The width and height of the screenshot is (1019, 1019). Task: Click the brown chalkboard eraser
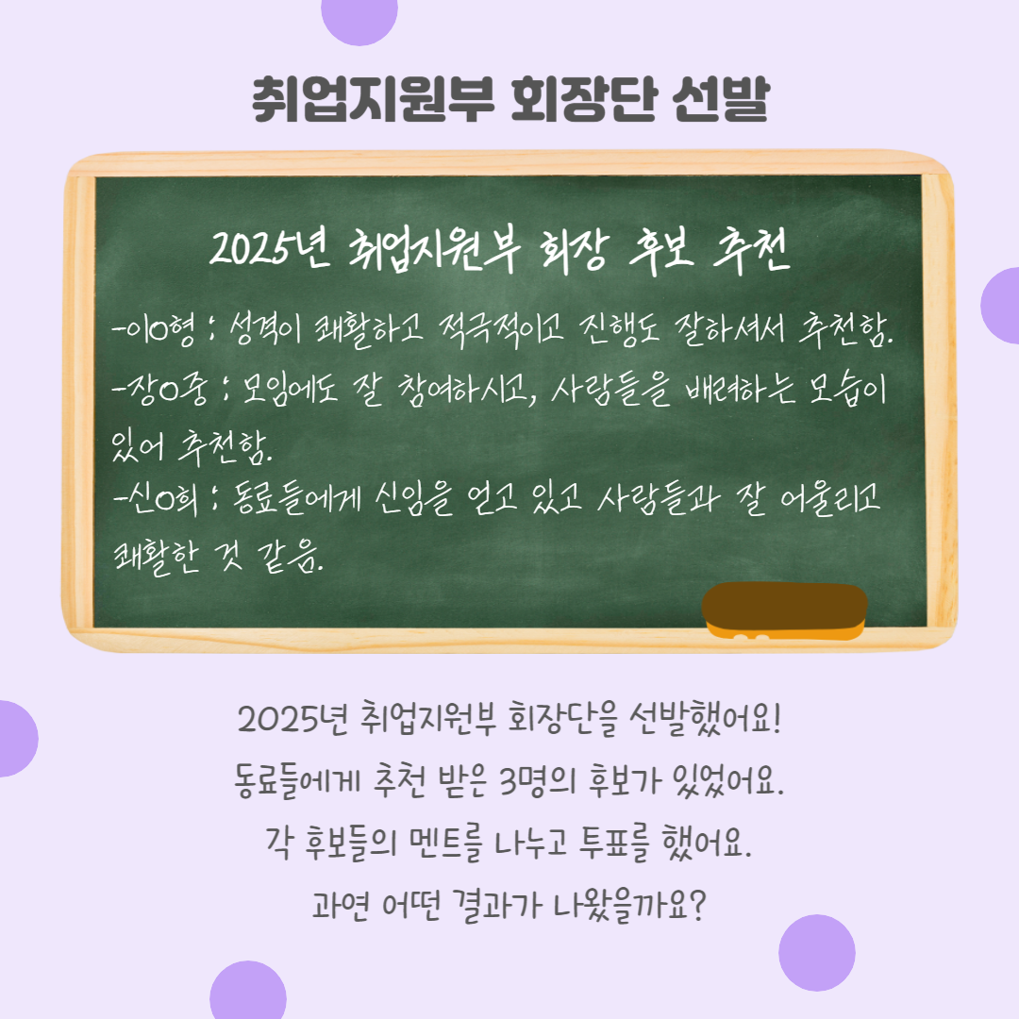click(785, 610)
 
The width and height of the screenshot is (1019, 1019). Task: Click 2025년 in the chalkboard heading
click(270, 248)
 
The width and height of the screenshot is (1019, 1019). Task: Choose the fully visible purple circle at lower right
click(817, 953)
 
